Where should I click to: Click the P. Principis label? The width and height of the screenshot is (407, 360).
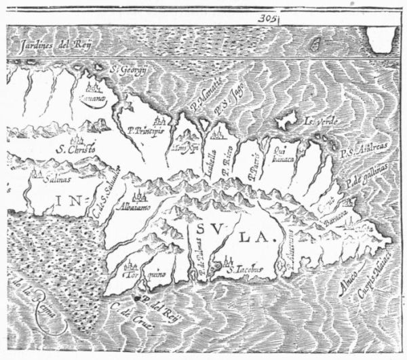pyautogui.click(x=145, y=129)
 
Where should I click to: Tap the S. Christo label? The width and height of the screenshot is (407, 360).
pyautogui.click(x=76, y=148)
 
